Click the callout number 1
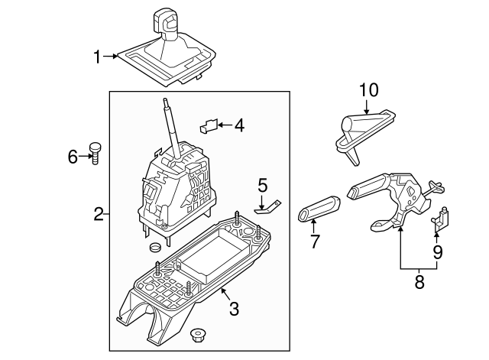click(x=98, y=56)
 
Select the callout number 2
click(x=99, y=215)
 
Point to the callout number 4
click(x=239, y=124)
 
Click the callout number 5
click(x=263, y=184)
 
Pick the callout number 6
click(x=73, y=157)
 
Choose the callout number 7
click(x=312, y=242)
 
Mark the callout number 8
click(x=418, y=282)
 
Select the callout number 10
click(x=368, y=90)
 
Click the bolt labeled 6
click(x=96, y=152)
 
